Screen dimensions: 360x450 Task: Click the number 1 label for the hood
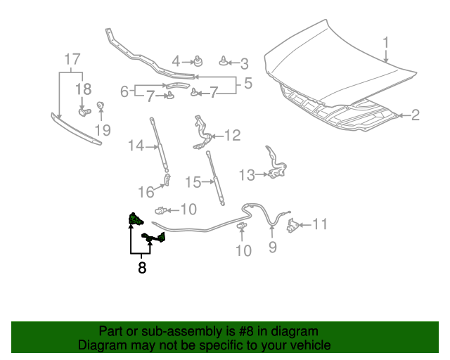point(386,43)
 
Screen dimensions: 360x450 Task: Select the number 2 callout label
point(415,115)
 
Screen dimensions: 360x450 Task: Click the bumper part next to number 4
point(198,60)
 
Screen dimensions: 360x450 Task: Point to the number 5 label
point(247,85)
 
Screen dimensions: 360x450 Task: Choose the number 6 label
point(124,91)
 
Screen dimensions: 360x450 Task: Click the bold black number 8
point(142,268)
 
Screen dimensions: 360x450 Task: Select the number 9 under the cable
point(273,247)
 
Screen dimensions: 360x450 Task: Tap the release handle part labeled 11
point(292,226)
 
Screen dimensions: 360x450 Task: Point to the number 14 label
point(135,146)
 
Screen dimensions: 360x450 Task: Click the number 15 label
point(193,182)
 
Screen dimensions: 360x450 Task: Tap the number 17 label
point(72,59)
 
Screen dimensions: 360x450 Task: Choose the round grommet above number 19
point(100,106)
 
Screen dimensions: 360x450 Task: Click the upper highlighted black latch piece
point(132,221)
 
